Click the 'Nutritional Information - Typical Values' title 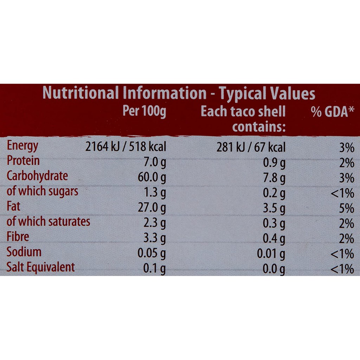[x=179, y=94]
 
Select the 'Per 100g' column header [x=144, y=111]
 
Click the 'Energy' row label [x=22, y=146]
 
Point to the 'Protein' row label [x=23, y=161]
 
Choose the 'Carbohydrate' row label [x=37, y=176]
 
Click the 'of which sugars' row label [x=43, y=191]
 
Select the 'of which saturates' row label [x=49, y=222]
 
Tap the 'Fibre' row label [x=18, y=237]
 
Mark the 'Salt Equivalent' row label [x=41, y=267]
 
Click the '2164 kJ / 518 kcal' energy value [x=126, y=147]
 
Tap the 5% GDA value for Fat [x=346, y=208]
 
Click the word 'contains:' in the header [x=258, y=127]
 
